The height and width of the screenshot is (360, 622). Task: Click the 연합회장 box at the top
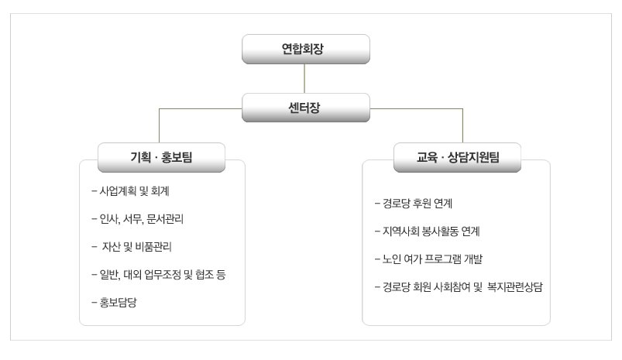[x=306, y=49]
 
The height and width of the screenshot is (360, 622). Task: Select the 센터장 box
[x=306, y=108]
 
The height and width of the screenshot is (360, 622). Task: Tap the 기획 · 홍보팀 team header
[x=161, y=157]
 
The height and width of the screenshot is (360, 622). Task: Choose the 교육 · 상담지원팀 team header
[x=457, y=157]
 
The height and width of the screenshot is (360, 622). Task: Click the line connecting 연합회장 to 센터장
[x=304, y=78]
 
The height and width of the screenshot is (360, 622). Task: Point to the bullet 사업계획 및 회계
[x=130, y=191]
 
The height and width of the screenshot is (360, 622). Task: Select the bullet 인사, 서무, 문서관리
[x=138, y=219]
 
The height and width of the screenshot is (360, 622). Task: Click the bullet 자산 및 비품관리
[x=132, y=247]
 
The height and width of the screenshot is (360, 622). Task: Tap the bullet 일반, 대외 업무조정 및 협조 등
[x=159, y=275]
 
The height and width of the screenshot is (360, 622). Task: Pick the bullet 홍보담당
[x=114, y=303]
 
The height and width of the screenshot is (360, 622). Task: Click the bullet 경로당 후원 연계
[x=414, y=204]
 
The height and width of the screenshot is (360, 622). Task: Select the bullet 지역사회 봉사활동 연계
[x=428, y=231]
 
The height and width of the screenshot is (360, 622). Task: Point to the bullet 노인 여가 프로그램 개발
[x=428, y=259]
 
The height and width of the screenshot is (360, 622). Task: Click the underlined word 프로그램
[x=443, y=259]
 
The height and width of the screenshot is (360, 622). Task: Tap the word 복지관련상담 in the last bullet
[x=515, y=287]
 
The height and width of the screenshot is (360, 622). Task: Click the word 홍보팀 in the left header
[x=177, y=157]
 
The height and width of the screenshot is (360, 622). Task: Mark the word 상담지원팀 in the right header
[x=473, y=157]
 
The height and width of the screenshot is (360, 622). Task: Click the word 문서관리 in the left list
[x=165, y=219]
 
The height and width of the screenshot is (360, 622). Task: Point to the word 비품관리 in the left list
[x=153, y=247]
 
